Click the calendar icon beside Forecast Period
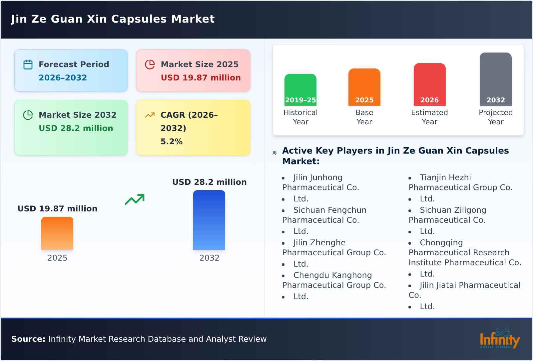pyautogui.click(x=28, y=64)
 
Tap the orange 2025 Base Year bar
pyautogui.click(x=364, y=86)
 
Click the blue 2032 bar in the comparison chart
pyautogui.click(x=209, y=220)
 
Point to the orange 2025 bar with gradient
pyautogui.click(x=57, y=233)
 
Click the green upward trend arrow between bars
pyautogui.click(x=135, y=199)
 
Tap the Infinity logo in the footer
pyautogui.click(x=499, y=339)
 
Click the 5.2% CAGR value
pyautogui.click(x=172, y=142)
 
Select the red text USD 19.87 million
pyautogui.click(x=201, y=78)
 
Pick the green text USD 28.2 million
pyautogui.click(x=76, y=128)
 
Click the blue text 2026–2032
pyautogui.click(x=63, y=78)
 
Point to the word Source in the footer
pyautogui.click(x=28, y=339)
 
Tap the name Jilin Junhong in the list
pyautogui.click(x=318, y=178)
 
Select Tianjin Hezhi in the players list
pyautogui.click(x=445, y=178)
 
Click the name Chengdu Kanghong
pyautogui.click(x=332, y=275)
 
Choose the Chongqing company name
pyautogui.click(x=441, y=243)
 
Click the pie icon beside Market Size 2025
pyautogui.click(x=150, y=64)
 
